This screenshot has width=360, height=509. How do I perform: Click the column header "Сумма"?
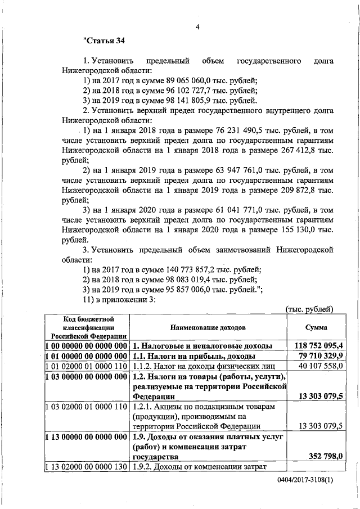pos(317,327)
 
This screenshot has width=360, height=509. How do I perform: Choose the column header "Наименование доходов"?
pos(209,327)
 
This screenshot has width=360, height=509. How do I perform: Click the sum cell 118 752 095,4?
pos(318,345)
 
